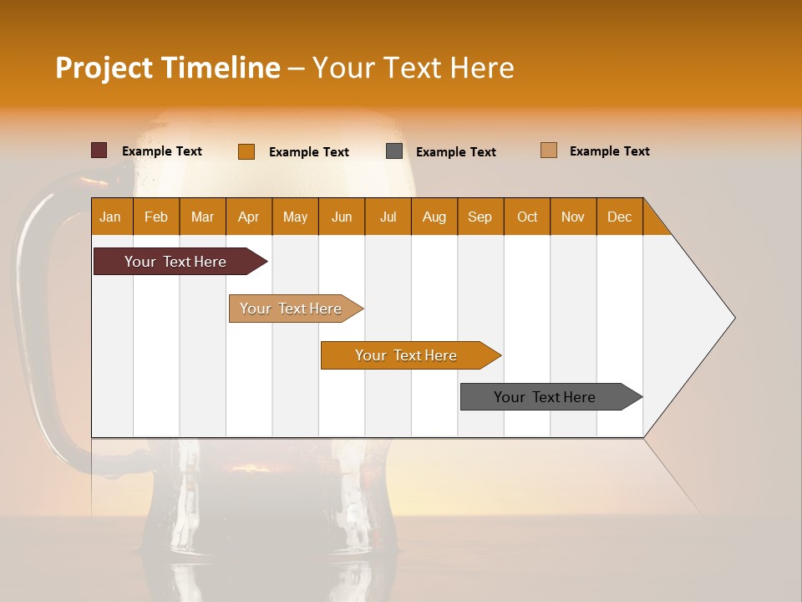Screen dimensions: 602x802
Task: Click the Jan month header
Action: coord(110,217)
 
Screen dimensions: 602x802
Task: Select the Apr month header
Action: coord(248,217)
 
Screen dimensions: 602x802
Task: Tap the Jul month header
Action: coord(388,217)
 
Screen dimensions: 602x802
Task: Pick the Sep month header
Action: coord(480,217)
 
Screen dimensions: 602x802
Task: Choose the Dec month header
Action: coord(619,217)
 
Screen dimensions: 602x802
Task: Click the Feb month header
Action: coord(156,217)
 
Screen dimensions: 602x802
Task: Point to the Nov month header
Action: coord(572,217)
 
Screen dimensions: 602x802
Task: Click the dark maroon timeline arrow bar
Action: coord(175,262)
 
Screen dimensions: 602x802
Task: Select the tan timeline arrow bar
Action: coord(291,309)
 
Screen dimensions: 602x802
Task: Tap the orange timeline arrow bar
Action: coord(406,355)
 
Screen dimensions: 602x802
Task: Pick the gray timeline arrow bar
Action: coord(545,397)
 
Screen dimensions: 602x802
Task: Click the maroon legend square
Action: coord(99,150)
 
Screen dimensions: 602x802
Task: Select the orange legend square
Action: coord(246,151)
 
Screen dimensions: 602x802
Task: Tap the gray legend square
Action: coord(394,151)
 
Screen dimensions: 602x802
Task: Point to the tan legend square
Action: coord(548,150)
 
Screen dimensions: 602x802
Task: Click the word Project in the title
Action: coord(104,68)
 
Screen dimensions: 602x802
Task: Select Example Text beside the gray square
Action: coord(455,152)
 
